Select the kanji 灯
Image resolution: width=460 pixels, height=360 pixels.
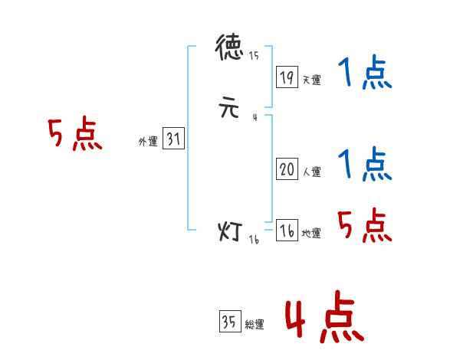[x=230, y=231]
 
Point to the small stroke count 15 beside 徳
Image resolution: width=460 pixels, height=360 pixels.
[x=254, y=56]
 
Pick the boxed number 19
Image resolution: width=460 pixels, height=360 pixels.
[x=287, y=77]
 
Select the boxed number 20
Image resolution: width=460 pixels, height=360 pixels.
[x=287, y=170]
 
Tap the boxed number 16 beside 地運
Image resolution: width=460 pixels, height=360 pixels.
[x=287, y=231]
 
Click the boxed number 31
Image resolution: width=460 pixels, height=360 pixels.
[x=173, y=139]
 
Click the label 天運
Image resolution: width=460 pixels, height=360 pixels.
[x=311, y=80]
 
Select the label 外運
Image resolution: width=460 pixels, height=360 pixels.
[x=148, y=142]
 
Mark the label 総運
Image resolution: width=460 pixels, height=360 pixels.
[x=254, y=325]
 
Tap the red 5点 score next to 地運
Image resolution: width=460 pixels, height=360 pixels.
[x=364, y=224]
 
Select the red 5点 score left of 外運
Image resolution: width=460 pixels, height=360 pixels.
[x=74, y=136]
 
